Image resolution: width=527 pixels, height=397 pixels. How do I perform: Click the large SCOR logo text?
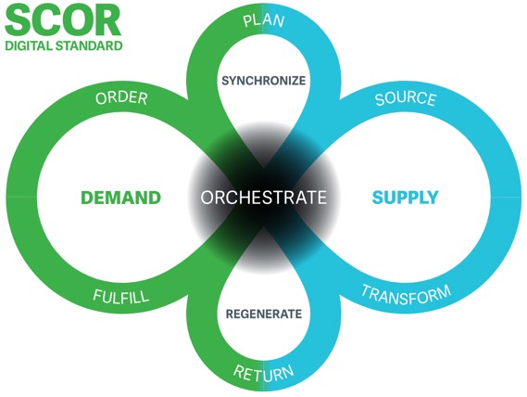coord(63,20)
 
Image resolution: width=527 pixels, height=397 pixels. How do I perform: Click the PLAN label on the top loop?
coord(264,21)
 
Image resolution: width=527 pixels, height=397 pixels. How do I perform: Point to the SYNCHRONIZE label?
coord(264,81)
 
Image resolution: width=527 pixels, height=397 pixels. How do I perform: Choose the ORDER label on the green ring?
coord(121,98)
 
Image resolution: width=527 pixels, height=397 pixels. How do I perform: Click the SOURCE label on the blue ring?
coord(406,98)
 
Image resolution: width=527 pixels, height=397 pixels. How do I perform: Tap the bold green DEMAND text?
coord(121,198)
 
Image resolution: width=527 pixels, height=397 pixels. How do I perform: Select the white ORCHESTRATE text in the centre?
coord(264,198)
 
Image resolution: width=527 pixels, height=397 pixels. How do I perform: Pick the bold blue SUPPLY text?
coord(406,198)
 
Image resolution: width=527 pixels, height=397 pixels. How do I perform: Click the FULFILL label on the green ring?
coord(121,296)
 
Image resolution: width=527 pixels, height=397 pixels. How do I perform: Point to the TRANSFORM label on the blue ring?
coord(406,295)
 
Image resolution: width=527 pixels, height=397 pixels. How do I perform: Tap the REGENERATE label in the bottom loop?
coord(264,314)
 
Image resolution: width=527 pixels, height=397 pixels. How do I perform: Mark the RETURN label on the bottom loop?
coord(264,373)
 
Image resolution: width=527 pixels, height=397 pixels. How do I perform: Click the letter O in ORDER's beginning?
coord(101,98)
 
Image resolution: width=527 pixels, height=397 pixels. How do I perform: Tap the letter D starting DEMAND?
coord(87,198)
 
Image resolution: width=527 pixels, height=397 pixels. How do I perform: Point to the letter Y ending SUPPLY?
coord(433,198)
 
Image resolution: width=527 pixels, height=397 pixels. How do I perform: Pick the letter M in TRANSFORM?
coord(443,291)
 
